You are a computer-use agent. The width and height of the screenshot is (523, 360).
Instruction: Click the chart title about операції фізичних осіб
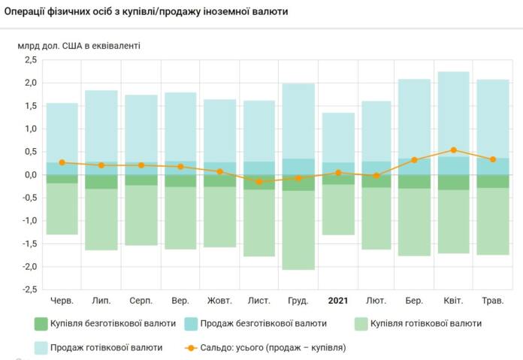tap(146, 13)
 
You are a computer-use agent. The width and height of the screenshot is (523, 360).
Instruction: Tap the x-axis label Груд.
tap(298, 301)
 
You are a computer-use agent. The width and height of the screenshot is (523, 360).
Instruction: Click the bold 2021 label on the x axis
tap(337, 301)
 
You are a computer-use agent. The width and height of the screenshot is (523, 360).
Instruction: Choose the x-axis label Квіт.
tap(454, 301)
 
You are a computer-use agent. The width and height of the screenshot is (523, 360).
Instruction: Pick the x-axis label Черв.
tap(62, 301)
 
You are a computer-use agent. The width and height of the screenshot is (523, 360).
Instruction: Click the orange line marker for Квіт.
tap(454, 150)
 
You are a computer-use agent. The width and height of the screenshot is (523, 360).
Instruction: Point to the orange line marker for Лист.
tap(259, 182)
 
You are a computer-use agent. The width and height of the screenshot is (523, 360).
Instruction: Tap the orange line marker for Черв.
tap(62, 162)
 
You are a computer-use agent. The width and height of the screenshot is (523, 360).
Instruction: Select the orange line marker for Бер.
tap(415, 160)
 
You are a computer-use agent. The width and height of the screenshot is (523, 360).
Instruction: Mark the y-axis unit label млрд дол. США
tap(79, 45)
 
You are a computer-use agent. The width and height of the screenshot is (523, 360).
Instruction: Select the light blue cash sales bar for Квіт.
tap(454, 113)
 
